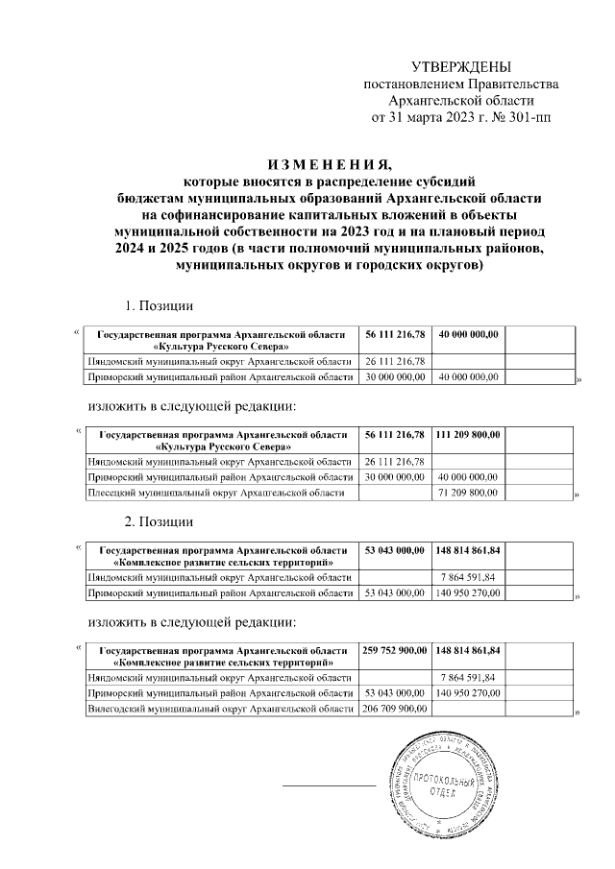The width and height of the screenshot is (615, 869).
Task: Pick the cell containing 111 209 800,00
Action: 468,436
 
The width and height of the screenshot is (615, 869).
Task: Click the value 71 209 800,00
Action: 468,494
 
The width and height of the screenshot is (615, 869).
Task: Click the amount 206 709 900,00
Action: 395,710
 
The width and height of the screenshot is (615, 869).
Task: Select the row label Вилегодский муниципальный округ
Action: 222,710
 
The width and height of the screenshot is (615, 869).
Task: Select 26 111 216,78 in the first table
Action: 395,361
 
